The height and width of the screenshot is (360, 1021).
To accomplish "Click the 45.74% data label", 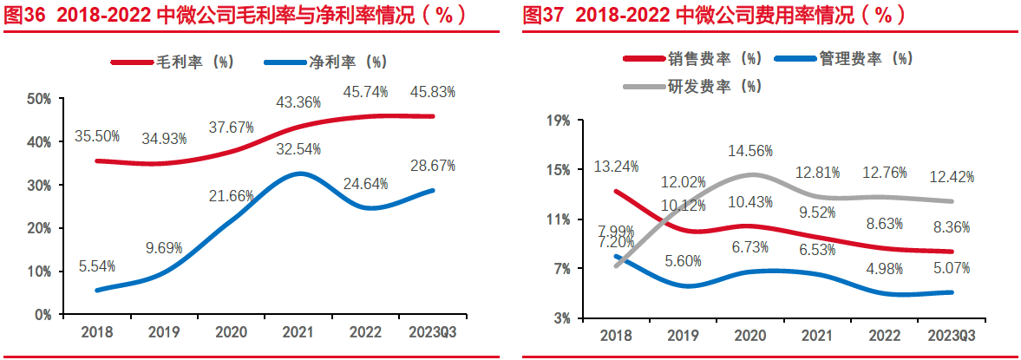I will (364, 91).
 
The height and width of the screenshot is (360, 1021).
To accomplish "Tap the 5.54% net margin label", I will (97, 266).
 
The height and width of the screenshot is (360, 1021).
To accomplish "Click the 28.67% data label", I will (434, 166).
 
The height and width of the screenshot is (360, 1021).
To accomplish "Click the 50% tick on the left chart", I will (37, 100).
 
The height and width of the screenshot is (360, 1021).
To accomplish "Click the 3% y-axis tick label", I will (563, 318).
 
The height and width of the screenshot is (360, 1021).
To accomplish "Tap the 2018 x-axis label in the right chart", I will (617, 335).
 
